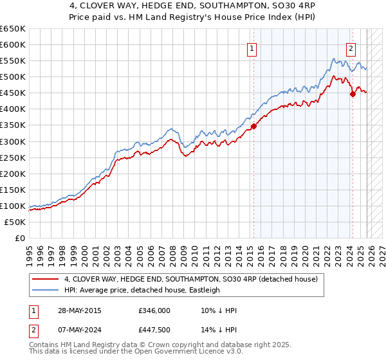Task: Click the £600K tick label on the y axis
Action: pyautogui.click(x=13, y=44)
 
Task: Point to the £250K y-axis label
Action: pyautogui.click(x=13, y=157)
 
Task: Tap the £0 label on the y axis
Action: pyautogui.click(x=19, y=238)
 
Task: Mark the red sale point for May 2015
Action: pyautogui.click(x=253, y=126)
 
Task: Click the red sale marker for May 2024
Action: pyautogui.click(x=353, y=94)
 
